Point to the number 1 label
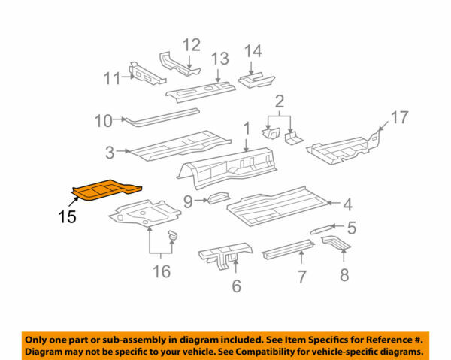pyautogui.click(x=245, y=129)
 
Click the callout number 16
pyautogui.click(x=162, y=270)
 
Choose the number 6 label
pyautogui.click(x=236, y=285)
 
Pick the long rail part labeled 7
pyautogui.click(x=288, y=249)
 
